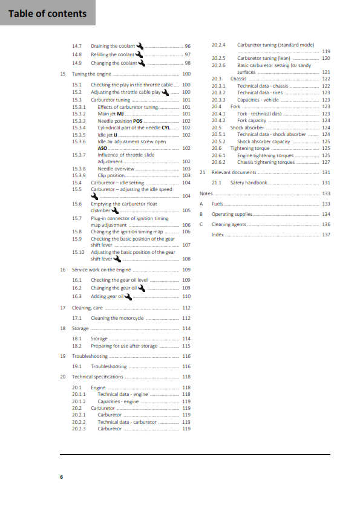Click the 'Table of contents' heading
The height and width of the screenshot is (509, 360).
coord(48,13)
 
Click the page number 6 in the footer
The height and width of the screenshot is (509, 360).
coord(61,477)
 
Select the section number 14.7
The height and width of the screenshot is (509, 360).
coord(77,46)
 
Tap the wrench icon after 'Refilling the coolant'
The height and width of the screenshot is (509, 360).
coord(139,54)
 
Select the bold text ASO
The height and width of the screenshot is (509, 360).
coord(102,148)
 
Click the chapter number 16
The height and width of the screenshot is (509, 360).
coord(63,269)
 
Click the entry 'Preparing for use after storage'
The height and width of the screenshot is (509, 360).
coord(123,346)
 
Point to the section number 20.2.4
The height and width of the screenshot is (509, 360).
coord(218,45)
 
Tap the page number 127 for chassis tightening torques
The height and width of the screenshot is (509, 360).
coord(326,162)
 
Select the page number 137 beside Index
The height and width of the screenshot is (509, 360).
coord(326,235)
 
